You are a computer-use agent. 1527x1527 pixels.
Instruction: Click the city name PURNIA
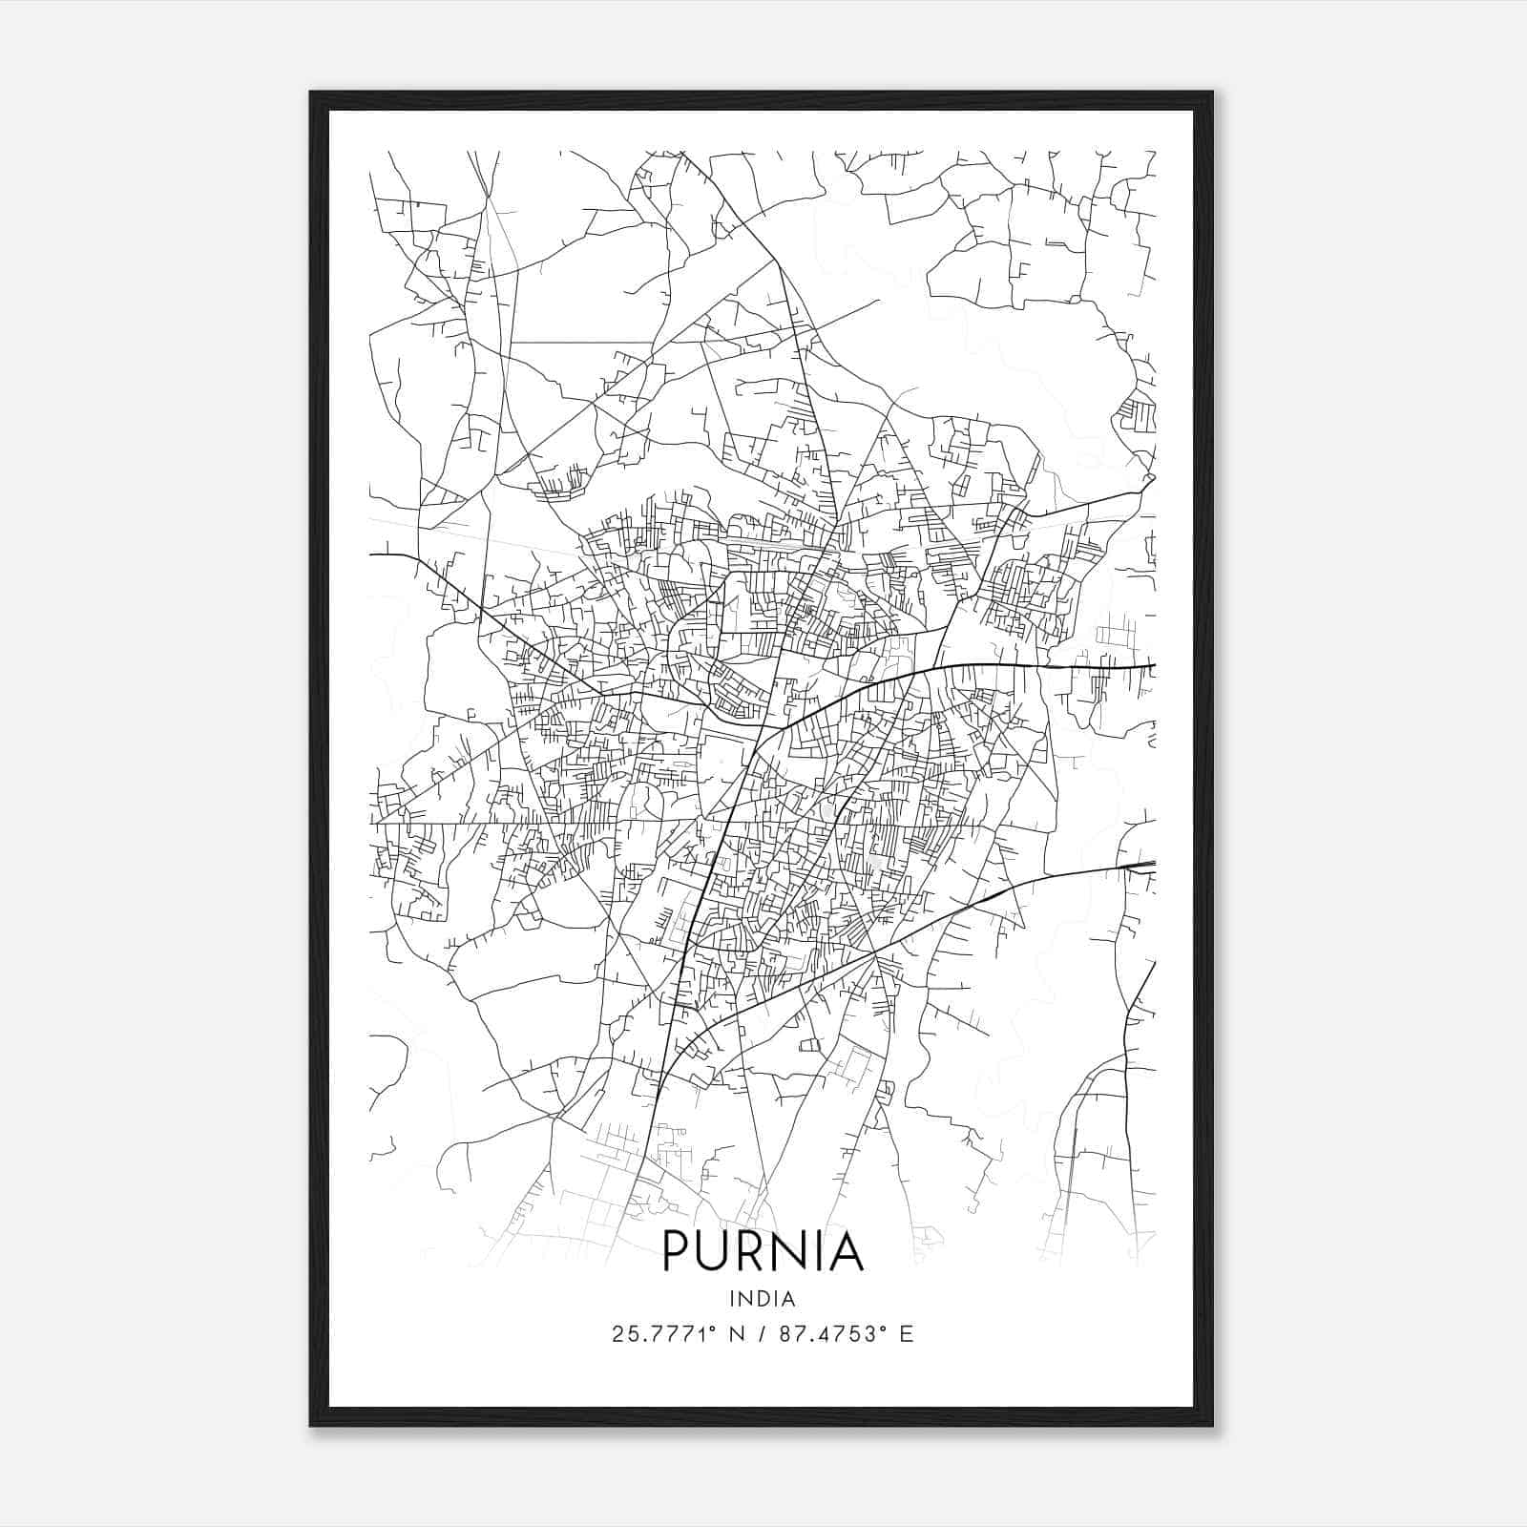(x=763, y=1251)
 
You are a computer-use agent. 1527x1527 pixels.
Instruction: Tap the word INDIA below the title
(x=763, y=1298)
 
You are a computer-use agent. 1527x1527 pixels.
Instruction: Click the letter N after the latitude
(x=736, y=1334)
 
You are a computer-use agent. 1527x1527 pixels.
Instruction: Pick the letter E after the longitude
(x=906, y=1334)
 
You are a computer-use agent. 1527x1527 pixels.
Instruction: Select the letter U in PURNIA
(x=717, y=1251)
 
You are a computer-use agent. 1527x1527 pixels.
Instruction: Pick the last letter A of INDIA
(x=789, y=1298)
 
